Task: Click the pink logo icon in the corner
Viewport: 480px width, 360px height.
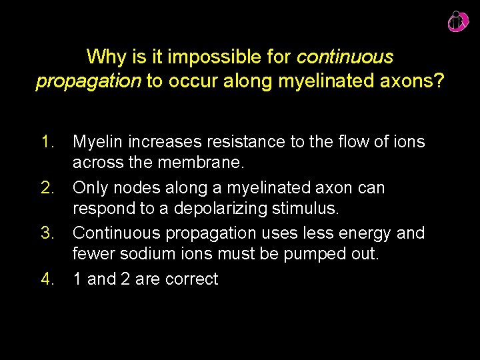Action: pyautogui.click(x=458, y=21)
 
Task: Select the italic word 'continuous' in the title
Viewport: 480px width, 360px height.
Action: pyautogui.click(x=345, y=56)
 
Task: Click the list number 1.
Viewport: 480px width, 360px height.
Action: pyautogui.click(x=48, y=141)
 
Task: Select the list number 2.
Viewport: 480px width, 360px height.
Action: pyautogui.click(x=48, y=187)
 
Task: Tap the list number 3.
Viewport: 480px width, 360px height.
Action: pyautogui.click(x=48, y=233)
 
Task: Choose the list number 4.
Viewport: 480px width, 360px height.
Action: pyautogui.click(x=48, y=279)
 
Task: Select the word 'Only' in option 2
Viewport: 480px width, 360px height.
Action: pyautogui.click(x=89, y=187)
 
